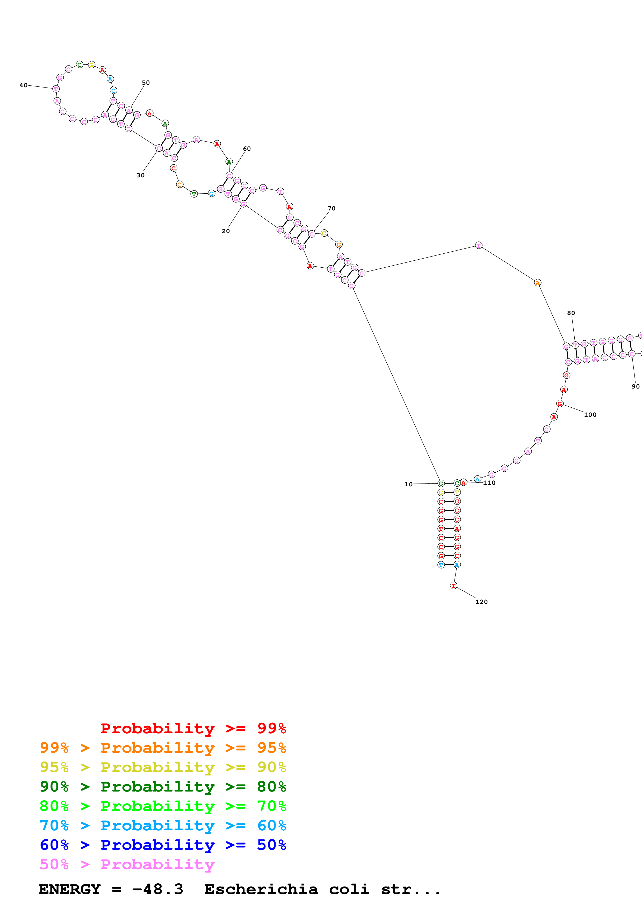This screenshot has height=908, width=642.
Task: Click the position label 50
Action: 146,83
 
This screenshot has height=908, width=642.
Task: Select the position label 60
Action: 247,149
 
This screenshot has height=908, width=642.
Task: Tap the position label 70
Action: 331,208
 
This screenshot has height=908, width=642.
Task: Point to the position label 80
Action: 571,313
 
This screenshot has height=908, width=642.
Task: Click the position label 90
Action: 635,386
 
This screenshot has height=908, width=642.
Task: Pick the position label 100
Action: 590,414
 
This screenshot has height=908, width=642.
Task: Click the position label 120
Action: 481,602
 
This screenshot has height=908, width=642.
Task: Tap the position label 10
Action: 408,484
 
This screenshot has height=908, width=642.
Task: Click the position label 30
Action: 140,175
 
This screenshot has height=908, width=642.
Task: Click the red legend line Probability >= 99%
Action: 193,728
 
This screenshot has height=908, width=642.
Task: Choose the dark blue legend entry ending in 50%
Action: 163,845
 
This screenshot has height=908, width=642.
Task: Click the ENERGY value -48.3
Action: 157,889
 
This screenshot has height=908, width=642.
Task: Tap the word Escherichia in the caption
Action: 261,889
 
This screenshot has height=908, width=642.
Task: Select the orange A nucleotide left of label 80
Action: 537,283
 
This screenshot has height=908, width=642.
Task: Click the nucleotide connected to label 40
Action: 56,89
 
